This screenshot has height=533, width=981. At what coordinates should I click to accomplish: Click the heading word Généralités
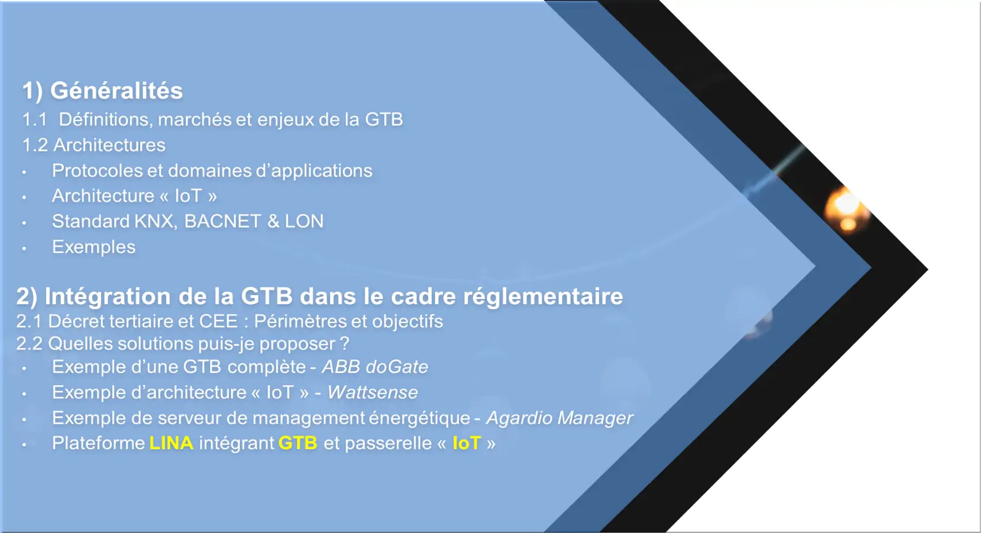coord(117,91)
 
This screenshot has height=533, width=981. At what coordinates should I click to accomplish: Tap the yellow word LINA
coord(171,443)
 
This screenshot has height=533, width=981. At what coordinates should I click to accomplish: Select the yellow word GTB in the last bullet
coord(298,443)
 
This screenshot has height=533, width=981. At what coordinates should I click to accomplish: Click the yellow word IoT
coord(466,443)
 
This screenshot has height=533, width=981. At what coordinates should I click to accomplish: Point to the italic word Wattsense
coord(373,392)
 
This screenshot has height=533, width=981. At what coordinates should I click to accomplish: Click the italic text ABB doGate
coord(375,367)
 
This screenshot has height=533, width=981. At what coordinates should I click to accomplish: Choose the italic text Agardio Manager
coord(560,418)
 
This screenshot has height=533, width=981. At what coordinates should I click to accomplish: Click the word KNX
coord(155,221)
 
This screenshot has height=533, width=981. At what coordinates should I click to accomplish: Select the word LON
coord(304,221)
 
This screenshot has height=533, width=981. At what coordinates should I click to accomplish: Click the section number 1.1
coord(35,120)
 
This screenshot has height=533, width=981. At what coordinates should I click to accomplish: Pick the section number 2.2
coord(29,344)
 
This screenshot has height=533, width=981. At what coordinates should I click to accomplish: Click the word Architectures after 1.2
coord(110,145)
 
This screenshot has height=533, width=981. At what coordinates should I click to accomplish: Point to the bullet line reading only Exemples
coord(93,247)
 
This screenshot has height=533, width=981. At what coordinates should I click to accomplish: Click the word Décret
coord(76,321)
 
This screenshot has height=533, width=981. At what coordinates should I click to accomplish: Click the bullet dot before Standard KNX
coord(24,223)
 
